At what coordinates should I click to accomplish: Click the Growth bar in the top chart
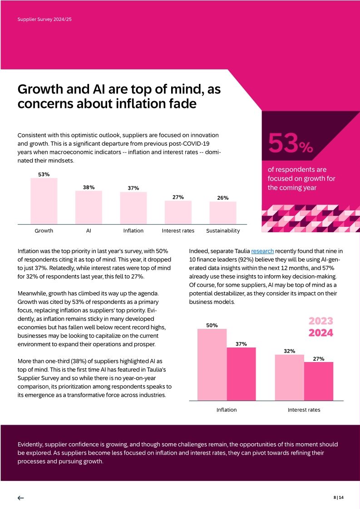point(44,201)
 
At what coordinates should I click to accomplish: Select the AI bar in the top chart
point(89,207)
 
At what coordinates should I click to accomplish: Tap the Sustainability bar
point(223,213)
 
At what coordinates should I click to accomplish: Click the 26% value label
point(222,198)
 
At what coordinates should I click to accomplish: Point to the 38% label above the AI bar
point(89,187)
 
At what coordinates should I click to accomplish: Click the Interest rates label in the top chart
point(178,230)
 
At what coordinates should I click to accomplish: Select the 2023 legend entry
point(321,321)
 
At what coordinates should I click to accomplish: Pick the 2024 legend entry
point(321,333)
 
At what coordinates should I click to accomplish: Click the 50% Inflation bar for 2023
point(212,365)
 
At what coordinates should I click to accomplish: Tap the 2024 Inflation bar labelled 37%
point(241,374)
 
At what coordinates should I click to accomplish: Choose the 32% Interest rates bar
point(290,377)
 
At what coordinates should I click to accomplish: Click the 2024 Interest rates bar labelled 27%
point(318,381)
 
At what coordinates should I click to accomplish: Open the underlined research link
point(262,251)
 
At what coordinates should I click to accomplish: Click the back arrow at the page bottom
point(20,498)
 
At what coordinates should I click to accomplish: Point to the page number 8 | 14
point(338,498)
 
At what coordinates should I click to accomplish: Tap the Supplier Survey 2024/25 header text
point(44,20)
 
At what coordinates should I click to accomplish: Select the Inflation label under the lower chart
point(227,410)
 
